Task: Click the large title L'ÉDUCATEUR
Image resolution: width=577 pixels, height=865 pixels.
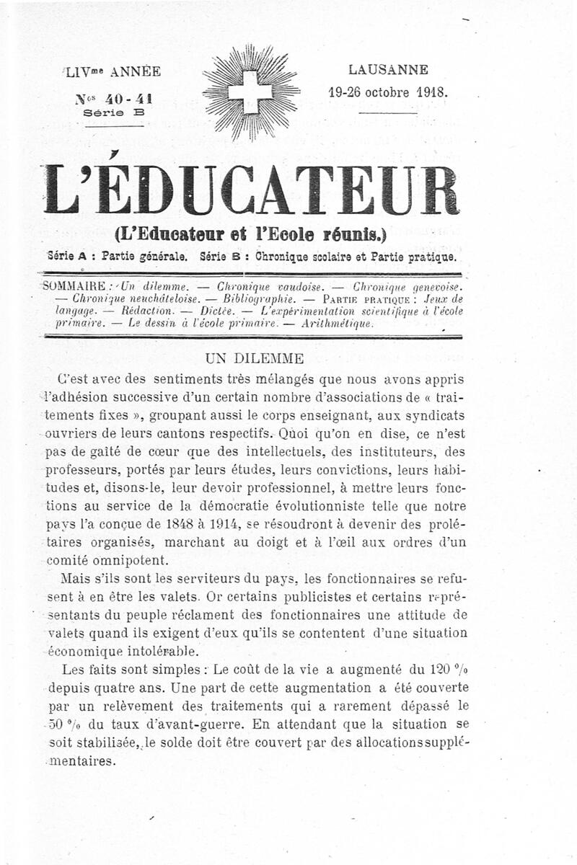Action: click(x=250, y=190)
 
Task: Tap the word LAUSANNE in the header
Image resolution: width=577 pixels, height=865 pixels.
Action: click(x=388, y=70)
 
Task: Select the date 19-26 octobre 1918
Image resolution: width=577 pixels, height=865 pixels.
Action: click(x=388, y=92)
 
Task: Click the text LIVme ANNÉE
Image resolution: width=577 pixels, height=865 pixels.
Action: click(x=113, y=71)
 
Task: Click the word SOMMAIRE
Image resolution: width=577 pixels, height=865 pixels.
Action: click(x=75, y=285)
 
